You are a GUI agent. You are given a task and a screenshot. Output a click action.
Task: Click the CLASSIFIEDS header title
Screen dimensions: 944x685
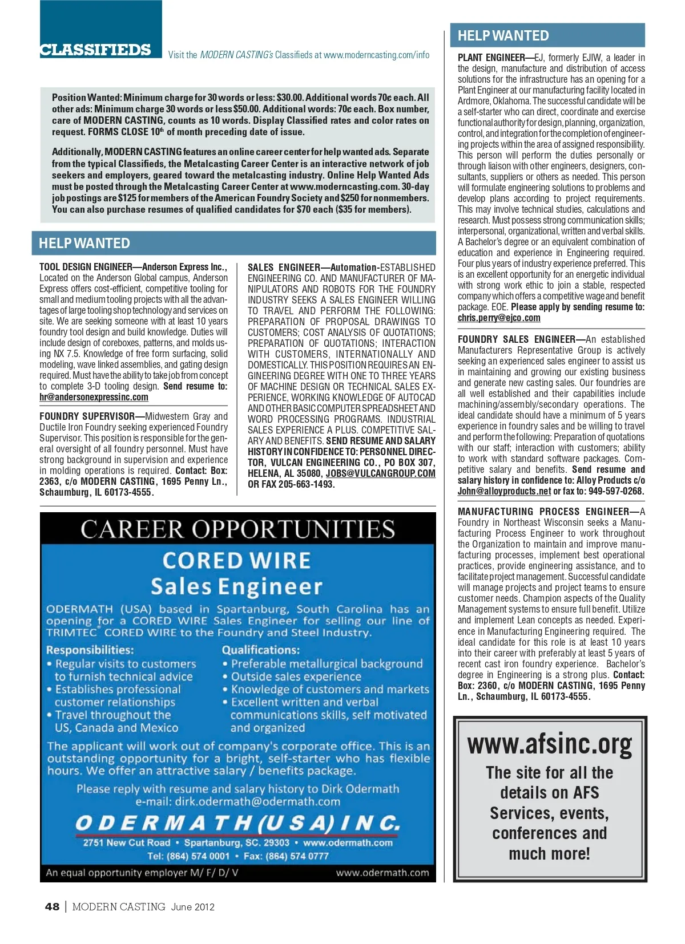(95, 50)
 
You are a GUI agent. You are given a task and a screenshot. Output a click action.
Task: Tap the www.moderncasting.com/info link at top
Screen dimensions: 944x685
(376, 55)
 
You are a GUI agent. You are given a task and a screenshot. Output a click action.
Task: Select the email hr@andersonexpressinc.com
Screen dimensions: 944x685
(94, 397)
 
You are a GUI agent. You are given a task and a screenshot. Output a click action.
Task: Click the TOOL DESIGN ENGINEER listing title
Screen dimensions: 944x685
(86, 267)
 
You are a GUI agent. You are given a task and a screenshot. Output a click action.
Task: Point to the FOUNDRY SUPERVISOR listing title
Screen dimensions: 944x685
(87, 416)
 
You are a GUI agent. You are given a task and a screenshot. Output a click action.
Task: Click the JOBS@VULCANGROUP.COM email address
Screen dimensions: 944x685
(380, 473)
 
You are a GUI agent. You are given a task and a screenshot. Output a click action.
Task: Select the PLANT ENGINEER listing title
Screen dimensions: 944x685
(491, 58)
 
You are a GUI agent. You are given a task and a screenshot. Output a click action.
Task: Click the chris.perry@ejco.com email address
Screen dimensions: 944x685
(499, 318)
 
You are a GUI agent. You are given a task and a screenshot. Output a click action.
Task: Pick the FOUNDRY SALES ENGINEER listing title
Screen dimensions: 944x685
(516, 339)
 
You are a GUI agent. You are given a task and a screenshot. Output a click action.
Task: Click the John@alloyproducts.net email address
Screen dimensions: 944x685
(504, 491)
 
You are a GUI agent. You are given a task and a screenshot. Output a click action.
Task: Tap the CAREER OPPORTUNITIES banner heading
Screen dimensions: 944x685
(237, 529)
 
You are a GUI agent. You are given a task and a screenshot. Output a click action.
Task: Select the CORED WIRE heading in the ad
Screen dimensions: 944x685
(236, 561)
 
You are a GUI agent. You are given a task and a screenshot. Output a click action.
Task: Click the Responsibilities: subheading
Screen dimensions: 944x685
(90, 650)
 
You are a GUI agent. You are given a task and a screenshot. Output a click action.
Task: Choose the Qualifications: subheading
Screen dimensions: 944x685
(260, 650)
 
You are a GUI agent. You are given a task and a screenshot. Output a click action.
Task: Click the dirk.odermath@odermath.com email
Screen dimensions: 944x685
(257, 801)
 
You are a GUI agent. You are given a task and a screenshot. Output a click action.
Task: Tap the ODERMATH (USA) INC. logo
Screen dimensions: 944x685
(237, 823)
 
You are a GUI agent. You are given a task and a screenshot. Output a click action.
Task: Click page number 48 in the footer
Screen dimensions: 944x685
(52, 907)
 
